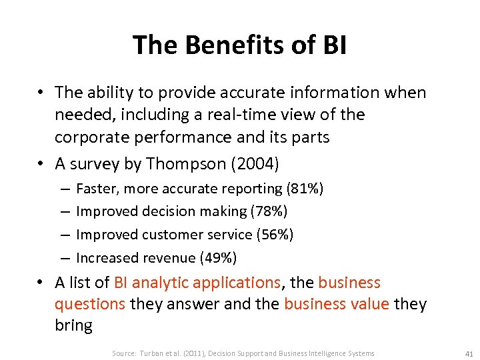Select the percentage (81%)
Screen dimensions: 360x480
click(305, 189)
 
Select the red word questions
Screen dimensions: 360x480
click(90, 305)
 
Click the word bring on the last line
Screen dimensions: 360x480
click(73, 326)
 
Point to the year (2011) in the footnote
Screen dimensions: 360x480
click(196, 353)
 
